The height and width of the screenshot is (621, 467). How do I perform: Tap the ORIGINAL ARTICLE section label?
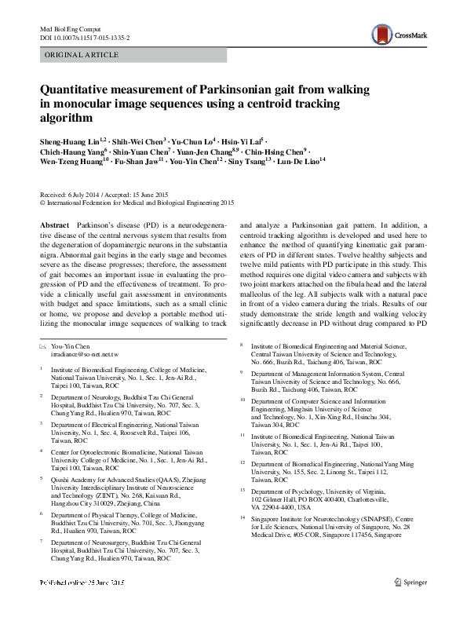tap(82, 55)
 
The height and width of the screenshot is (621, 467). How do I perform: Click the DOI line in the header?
tap(85, 36)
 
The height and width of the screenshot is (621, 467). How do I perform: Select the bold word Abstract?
tap(53, 225)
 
